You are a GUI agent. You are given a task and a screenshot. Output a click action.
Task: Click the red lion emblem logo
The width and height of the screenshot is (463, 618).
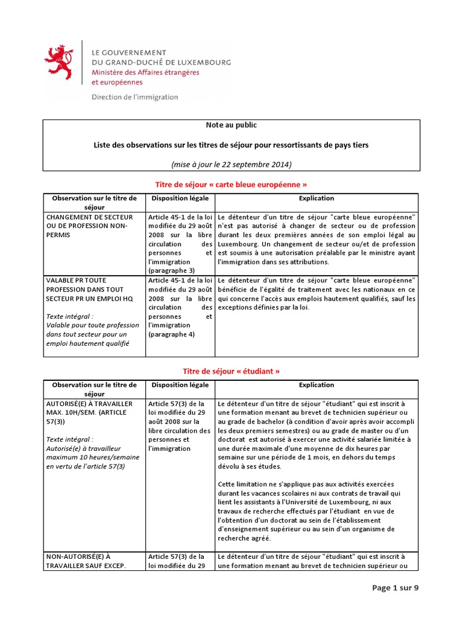coord(58,64)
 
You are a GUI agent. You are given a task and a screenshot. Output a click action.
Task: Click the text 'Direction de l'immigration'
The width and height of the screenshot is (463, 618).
coord(134,97)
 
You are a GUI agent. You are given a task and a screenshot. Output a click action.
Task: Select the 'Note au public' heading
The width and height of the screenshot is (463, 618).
coord(231,125)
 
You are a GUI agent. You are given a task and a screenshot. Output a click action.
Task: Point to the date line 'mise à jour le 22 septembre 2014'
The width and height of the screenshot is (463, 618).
coord(231,164)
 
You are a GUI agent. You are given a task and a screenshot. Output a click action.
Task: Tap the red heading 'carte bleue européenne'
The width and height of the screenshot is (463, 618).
coord(231,183)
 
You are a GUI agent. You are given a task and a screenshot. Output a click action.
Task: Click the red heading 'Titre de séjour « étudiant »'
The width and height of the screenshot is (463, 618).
coord(231,371)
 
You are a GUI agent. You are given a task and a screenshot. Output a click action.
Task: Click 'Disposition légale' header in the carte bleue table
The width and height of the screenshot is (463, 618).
coord(180,198)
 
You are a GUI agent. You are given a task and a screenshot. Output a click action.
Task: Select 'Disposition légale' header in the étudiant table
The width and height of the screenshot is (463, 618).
coord(180,384)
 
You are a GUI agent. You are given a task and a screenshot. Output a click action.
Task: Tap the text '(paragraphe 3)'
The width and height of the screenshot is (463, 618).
coord(171,271)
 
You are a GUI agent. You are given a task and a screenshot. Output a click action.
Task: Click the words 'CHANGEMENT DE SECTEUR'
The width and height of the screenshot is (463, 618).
coord(88,216)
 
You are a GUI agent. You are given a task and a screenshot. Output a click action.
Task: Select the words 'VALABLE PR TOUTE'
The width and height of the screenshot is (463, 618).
coord(75,279)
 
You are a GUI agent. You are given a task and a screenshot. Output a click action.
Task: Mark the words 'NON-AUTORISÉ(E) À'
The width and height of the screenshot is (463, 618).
coord(78,556)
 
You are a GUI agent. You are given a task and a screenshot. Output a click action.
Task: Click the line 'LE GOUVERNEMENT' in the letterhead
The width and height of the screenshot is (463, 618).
coord(128,53)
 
